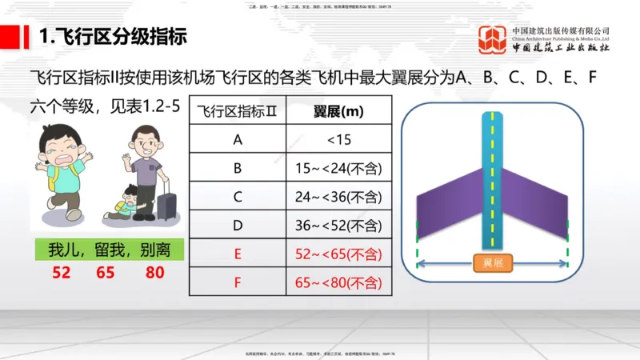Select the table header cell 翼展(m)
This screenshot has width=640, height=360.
pyautogui.click(x=339, y=111)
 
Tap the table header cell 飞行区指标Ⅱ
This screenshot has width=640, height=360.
pyautogui.click(x=237, y=111)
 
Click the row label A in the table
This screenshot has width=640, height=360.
pyautogui.click(x=237, y=139)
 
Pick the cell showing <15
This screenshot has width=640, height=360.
pyautogui.click(x=339, y=139)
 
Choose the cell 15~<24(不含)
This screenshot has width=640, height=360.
pyautogui.click(x=339, y=168)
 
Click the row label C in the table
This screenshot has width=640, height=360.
pyautogui.click(x=237, y=197)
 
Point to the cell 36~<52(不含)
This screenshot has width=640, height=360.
pyautogui.click(x=339, y=226)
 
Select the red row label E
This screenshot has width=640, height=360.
pyautogui.click(x=237, y=254)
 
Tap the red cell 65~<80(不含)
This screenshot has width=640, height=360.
pyautogui.click(x=339, y=282)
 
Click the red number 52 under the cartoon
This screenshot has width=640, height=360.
pyautogui.click(x=62, y=273)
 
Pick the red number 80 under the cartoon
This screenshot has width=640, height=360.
pyautogui.click(x=155, y=273)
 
